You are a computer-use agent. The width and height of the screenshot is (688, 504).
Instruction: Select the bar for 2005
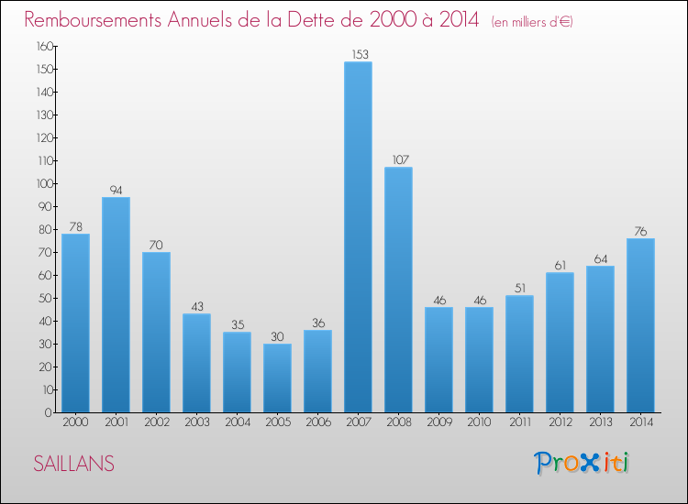pos(277,378)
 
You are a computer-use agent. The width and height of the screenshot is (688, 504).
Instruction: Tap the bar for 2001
pos(116,304)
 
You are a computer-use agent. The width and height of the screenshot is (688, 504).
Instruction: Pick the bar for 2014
pos(640,325)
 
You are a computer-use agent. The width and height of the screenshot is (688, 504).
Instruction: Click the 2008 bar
pos(398,290)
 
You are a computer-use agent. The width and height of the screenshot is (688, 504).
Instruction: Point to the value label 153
pos(358,54)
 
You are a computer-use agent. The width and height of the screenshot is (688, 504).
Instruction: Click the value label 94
pos(116,190)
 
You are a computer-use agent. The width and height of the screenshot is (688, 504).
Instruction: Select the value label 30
pos(277,336)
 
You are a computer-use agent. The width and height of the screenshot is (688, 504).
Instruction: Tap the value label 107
pos(398,159)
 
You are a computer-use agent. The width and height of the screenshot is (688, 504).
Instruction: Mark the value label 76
pos(640,231)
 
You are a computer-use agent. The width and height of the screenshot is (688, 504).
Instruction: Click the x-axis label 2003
pos(196,422)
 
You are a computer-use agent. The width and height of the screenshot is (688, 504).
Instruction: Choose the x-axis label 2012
pos(560,422)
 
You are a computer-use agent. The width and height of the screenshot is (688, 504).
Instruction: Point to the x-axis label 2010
pos(479,422)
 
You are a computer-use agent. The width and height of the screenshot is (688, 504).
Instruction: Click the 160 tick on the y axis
pos(45,46)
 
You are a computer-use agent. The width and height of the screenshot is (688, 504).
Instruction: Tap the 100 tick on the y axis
pos(45,183)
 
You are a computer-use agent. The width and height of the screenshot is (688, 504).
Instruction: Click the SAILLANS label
pos(73,465)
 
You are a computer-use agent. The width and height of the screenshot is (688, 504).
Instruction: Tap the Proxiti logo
pos(581,463)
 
